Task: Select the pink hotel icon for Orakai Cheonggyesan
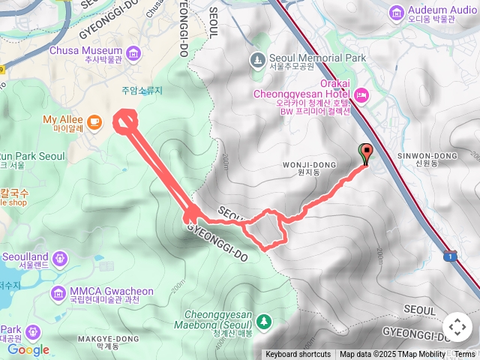[361, 94]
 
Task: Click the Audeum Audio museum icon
[395, 13]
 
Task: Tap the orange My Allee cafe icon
[94, 120]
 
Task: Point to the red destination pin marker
[366, 154]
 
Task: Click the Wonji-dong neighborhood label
[303, 166]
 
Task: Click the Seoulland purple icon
[59, 259]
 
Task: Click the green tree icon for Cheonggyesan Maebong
[263, 322]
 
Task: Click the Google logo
[28, 349]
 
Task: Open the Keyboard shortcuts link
[298, 355]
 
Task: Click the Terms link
[465, 355]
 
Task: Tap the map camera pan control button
[457, 327]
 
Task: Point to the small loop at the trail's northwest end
[125, 121]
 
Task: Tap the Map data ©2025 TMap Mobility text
[392, 355]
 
